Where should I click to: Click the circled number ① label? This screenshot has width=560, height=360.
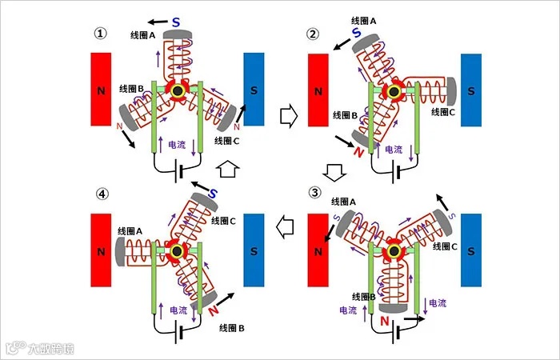click(x=100, y=34)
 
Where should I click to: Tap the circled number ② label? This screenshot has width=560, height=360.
click(x=314, y=34)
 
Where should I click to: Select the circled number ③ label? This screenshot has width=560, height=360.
click(x=314, y=193)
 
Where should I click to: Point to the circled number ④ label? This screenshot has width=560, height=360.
click(x=100, y=193)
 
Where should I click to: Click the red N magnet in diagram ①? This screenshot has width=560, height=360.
click(x=101, y=89)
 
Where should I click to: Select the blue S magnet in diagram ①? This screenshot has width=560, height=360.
click(x=254, y=89)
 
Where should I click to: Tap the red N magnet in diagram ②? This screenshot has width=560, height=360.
click(x=318, y=90)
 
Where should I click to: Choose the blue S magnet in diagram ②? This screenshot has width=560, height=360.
click(x=470, y=90)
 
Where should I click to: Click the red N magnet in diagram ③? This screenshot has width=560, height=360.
click(x=318, y=250)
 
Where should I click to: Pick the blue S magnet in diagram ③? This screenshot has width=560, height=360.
click(x=470, y=250)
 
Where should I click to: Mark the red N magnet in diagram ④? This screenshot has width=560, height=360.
click(x=101, y=250)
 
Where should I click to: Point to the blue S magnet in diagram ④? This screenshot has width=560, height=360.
click(x=254, y=250)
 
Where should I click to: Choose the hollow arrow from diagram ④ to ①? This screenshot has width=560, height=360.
click(x=227, y=170)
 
